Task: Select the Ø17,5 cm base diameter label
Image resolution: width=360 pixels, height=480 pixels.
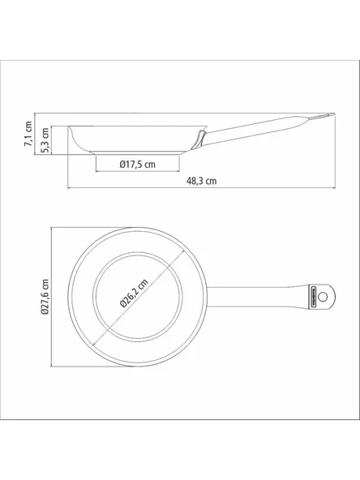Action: tap(137, 164)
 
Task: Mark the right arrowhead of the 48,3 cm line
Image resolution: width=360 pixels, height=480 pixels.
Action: tap(334, 188)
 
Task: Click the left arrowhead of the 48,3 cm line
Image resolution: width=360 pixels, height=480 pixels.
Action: tap(68, 188)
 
